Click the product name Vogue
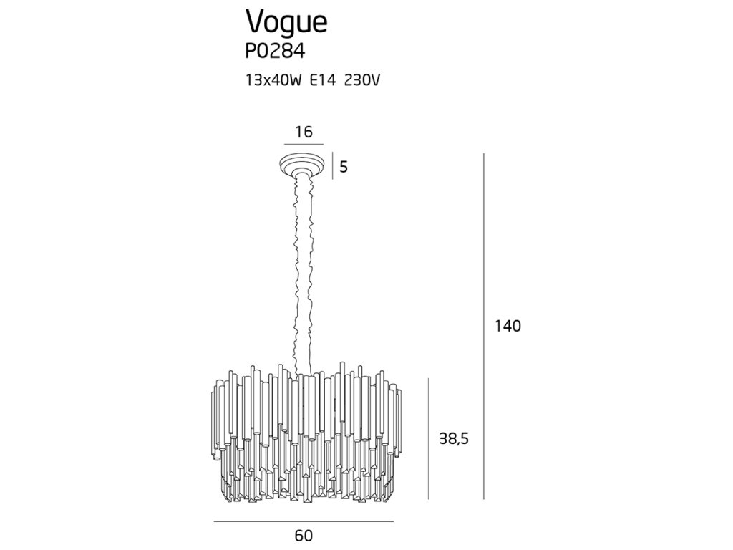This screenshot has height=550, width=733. (x=286, y=23)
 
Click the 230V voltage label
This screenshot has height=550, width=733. (x=361, y=80)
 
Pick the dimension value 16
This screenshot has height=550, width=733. (x=304, y=132)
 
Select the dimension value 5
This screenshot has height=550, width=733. (x=344, y=167)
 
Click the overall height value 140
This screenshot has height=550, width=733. (x=508, y=326)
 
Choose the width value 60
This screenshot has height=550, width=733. (x=304, y=535)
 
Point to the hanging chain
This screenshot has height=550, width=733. (x=304, y=272)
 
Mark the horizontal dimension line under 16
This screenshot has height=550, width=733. (x=304, y=145)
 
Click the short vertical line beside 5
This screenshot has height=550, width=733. (x=332, y=167)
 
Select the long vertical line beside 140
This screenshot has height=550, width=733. (x=485, y=326)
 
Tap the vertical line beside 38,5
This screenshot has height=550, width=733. (x=428, y=438)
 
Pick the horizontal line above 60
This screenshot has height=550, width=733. (x=304, y=522)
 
